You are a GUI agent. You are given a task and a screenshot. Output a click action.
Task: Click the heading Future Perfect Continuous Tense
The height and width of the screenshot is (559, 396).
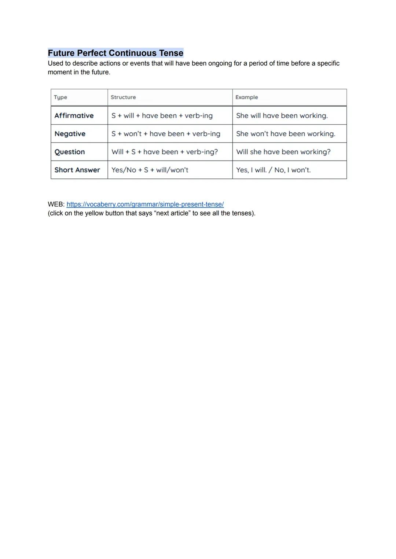click(115, 53)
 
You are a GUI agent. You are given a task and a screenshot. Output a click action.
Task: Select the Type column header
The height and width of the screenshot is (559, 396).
click(60, 97)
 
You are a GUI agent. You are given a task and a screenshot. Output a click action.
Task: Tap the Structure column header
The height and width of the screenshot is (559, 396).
click(123, 97)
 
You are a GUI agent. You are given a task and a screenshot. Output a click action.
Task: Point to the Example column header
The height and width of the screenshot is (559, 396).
click(246, 97)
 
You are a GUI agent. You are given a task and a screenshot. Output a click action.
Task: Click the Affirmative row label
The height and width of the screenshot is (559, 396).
click(74, 115)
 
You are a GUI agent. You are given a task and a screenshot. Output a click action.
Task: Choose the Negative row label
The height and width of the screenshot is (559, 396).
click(70, 134)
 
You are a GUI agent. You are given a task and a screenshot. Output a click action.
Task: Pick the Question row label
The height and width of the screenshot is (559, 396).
click(70, 152)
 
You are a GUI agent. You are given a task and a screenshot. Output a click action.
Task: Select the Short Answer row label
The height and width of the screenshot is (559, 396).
click(77, 170)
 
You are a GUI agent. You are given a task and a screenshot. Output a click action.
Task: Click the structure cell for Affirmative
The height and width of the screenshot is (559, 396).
click(162, 115)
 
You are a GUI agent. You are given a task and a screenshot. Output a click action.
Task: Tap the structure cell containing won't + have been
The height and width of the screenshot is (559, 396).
click(166, 134)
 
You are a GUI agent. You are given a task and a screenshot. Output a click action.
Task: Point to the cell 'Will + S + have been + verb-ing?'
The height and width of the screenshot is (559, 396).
click(165, 152)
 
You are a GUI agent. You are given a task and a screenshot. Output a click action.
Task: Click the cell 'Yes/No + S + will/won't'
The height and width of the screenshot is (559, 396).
click(150, 170)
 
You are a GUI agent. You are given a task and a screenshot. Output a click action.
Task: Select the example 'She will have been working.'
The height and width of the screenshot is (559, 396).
click(282, 115)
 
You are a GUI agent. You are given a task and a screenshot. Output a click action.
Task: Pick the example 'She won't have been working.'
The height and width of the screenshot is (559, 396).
click(286, 134)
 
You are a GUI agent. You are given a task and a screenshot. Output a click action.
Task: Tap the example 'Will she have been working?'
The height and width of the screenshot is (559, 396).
click(283, 152)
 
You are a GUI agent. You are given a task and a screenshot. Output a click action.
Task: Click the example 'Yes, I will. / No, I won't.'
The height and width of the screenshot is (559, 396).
click(274, 170)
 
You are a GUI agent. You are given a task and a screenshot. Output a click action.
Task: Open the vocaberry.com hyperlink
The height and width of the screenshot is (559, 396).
click(145, 204)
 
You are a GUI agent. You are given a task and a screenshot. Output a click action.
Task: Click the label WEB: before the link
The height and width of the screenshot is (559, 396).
click(56, 204)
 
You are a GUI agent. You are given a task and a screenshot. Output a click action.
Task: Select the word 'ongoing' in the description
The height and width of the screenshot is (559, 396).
click(220, 63)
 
